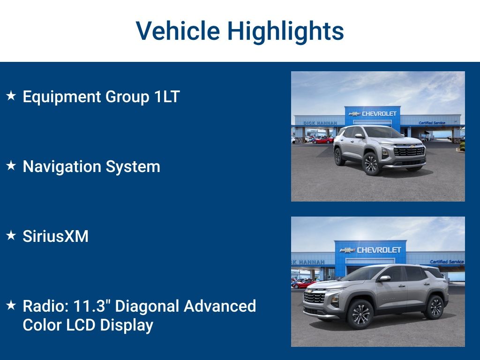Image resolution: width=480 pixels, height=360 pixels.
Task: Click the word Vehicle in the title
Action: pos(178,31)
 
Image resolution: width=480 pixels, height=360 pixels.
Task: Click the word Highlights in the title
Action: pos(285,31)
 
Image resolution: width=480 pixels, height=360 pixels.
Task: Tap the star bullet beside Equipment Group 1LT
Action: pos(11,96)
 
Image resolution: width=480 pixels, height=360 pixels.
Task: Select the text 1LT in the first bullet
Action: pos(167,97)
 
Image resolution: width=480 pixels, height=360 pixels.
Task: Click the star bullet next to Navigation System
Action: pos(11,166)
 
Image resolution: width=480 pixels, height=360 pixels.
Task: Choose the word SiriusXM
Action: pos(55,236)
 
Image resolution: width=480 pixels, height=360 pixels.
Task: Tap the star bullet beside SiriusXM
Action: pos(11,236)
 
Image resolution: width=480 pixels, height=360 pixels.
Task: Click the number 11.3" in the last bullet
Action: pos(94,306)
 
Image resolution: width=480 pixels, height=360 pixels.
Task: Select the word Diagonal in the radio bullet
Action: pos(147,306)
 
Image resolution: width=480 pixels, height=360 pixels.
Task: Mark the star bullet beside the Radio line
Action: pos(11,306)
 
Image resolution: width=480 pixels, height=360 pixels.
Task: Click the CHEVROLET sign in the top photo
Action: pos(378,113)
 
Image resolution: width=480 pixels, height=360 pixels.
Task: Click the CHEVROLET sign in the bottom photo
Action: pos(378,250)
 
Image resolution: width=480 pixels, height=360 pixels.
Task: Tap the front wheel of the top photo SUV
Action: pos(371,164)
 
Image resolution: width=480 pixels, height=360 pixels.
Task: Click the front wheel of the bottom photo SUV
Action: pos(360,314)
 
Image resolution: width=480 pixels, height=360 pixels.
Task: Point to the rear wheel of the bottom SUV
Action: pos(435,307)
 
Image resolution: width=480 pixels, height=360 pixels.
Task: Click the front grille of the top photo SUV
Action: pos(409,151)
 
